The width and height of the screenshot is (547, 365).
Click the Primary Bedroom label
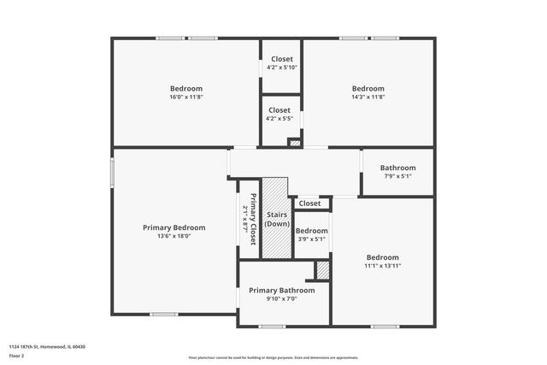click(174, 227)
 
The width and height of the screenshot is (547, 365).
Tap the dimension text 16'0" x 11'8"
click(185, 97)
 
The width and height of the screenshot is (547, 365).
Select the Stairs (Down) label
click(276, 219)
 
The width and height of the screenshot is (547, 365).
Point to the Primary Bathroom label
click(282, 291)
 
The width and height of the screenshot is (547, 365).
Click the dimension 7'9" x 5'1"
click(397, 176)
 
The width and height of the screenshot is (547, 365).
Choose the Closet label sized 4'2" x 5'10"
click(281, 68)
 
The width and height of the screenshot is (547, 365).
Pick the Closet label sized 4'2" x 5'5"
click(280, 119)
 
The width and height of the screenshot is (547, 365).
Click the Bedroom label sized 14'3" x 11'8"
click(368, 88)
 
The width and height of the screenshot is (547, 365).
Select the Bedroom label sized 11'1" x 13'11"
click(382, 257)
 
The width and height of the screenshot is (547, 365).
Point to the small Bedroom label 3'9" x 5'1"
click(310, 231)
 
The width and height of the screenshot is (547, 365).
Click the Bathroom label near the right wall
click(397, 168)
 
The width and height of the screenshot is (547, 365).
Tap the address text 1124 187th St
click(47, 346)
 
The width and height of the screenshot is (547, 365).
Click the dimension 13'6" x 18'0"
click(174, 236)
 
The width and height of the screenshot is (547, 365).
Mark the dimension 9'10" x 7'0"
click(282, 299)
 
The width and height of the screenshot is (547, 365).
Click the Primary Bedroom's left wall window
click(112, 170)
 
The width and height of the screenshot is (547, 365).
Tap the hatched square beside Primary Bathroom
click(322, 270)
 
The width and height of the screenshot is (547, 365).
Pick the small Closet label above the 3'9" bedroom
click(309, 203)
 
